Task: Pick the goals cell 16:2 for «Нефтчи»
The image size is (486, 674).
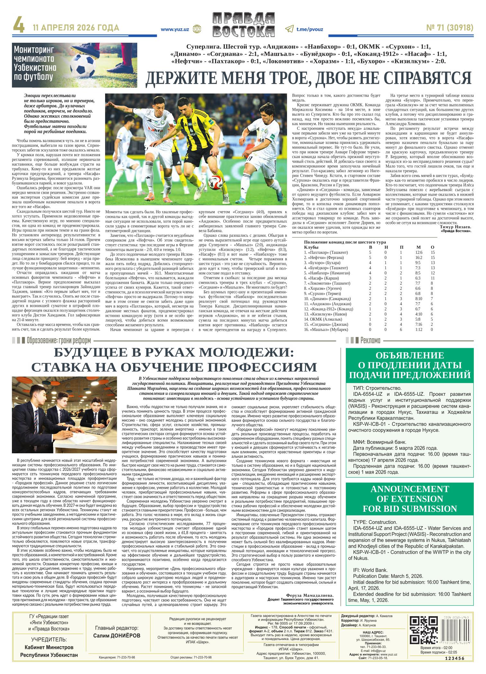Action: pyautogui.click(x=419, y=257)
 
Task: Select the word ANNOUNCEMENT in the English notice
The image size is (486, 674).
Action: pyautogui.click(x=410, y=489)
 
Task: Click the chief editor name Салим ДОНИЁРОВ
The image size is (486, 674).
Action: pyautogui.click(x=117, y=636)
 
